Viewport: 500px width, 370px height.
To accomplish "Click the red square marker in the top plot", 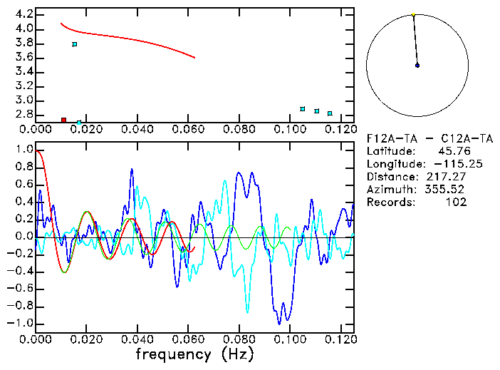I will (63, 120).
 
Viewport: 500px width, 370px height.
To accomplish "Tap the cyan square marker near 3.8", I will (75, 44).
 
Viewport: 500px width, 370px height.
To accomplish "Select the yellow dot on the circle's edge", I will (413, 14).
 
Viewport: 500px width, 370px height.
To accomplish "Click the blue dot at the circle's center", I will (417, 66).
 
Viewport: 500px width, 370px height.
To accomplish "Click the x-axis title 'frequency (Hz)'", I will (194, 354).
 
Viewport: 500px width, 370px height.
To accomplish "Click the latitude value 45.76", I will (452, 151).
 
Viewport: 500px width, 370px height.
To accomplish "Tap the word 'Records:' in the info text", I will (390, 202).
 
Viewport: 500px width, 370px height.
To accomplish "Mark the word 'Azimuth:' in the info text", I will (390, 190).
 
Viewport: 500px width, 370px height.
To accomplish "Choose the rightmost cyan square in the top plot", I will (330, 113).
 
